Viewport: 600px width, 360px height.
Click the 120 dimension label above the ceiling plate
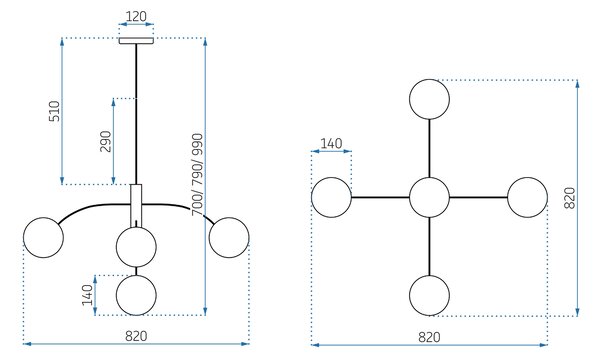136,16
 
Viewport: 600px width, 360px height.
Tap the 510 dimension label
55,111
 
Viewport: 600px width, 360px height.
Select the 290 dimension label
106,141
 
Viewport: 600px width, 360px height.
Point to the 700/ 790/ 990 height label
197,174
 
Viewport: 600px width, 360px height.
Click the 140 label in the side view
88,295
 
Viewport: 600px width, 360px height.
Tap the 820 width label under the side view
136,336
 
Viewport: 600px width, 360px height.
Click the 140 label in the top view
331,143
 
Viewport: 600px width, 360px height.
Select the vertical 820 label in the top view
570,198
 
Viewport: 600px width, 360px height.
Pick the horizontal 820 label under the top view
429,337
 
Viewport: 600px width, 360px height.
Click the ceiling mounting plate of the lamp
136,41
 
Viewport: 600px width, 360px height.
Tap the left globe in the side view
43,238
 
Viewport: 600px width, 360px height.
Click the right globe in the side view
229,238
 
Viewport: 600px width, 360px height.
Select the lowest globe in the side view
136,295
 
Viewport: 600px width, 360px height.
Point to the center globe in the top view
429,197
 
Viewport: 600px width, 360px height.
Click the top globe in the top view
429,99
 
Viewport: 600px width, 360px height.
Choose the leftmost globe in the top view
331,197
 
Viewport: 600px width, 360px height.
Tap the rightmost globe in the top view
528,197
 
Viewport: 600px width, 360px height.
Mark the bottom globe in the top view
429,296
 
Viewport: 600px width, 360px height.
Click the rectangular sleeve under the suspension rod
136,206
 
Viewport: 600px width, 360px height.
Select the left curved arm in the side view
92,207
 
